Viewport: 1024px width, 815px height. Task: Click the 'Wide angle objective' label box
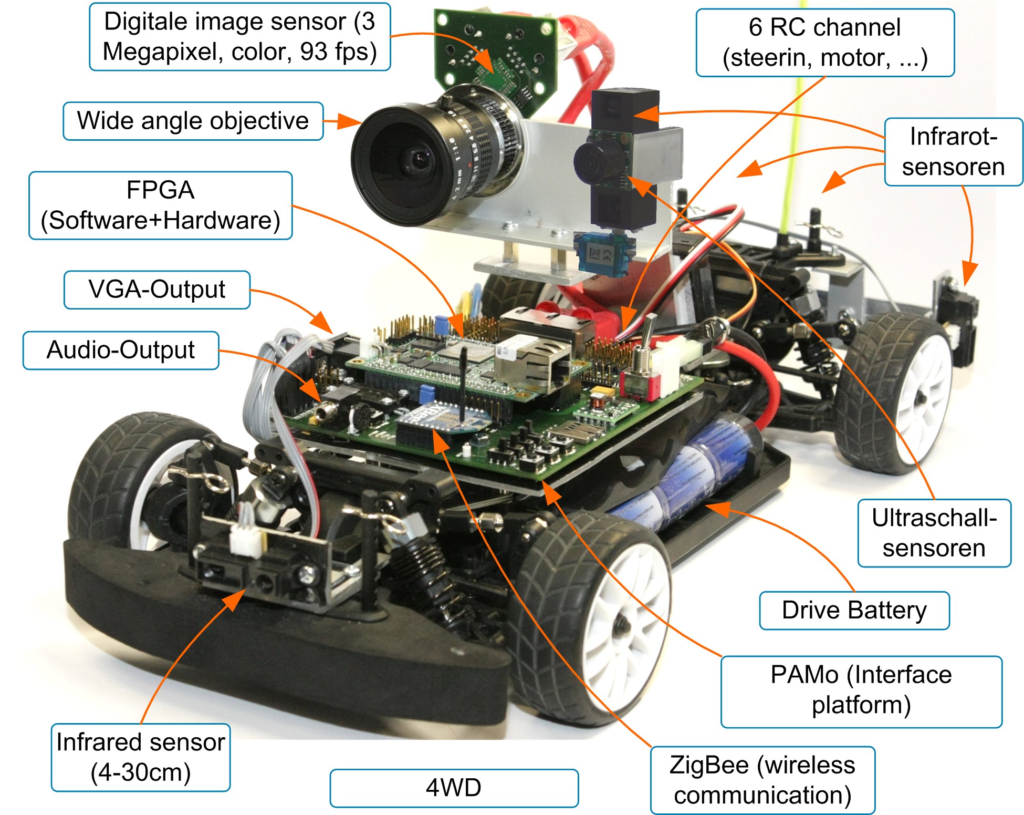click(x=193, y=121)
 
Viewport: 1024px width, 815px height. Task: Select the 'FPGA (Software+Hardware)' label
click(x=160, y=205)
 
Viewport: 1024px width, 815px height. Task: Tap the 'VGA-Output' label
click(x=156, y=290)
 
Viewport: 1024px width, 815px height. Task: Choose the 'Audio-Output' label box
click(x=120, y=350)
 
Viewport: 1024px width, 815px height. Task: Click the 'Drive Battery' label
click(x=854, y=611)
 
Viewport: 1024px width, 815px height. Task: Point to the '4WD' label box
click(x=454, y=788)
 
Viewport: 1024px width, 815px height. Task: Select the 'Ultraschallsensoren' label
click(x=934, y=533)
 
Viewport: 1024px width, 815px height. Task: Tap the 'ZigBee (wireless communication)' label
click(x=762, y=780)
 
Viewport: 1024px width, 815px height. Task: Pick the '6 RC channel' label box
click(x=824, y=43)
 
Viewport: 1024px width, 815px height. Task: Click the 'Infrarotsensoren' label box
click(x=953, y=152)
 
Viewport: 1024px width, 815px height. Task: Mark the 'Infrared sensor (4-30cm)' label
click(x=140, y=757)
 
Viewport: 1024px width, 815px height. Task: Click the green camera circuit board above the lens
click(x=488, y=53)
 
